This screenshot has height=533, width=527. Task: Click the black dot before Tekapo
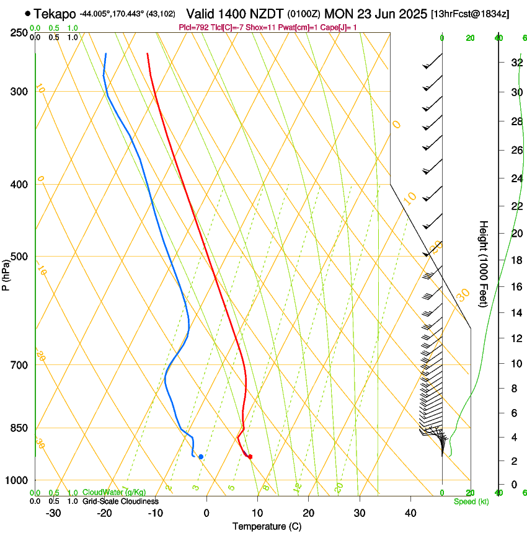pyautogui.click(x=28, y=13)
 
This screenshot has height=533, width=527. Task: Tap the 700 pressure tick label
pyautogui.click(x=19, y=364)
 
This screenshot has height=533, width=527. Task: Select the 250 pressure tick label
pyautogui.click(x=19, y=33)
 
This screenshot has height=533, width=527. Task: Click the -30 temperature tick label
pyautogui.click(x=53, y=513)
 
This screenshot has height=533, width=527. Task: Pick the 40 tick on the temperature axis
pyautogui.click(x=410, y=513)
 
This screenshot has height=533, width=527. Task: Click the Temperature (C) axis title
pyautogui.click(x=267, y=526)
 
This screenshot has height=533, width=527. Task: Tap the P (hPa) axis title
pyautogui.click(x=6, y=272)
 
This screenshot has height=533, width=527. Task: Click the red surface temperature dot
pyautogui.click(x=250, y=457)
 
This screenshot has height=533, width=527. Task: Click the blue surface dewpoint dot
pyautogui.click(x=201, y=457)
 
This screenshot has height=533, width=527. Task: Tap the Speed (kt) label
pyautogui.click(x=471, y=501)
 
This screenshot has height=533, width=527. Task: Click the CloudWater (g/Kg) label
pyautogui.click(x=114, y=493)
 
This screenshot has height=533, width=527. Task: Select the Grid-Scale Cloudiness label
pyautogui.click(x=120, y=501)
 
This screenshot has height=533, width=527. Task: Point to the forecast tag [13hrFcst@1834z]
pyautogui.click(x=470, y=14)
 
